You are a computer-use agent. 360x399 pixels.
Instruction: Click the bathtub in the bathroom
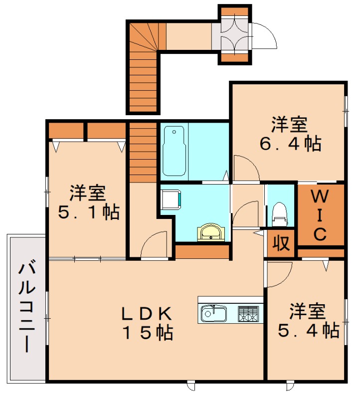(173, 151)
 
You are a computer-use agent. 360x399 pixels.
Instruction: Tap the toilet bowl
(279, 213)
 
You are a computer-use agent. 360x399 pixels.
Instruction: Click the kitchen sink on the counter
(214, 314)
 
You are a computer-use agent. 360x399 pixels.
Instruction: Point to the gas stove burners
(248, 314)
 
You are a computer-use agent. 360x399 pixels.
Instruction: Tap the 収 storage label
(281, 244)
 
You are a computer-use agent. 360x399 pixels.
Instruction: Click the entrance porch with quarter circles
(234, 34)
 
